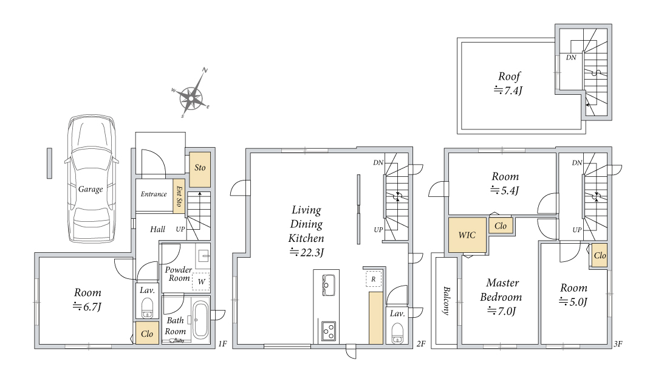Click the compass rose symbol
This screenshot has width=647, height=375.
191,98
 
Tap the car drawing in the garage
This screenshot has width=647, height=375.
91,179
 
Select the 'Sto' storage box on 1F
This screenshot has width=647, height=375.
200,170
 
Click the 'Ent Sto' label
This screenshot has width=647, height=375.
179,196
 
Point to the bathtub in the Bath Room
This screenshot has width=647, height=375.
201,320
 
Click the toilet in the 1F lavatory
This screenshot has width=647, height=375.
147,308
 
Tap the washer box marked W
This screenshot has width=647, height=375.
201,281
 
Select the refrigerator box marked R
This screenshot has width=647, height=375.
374,279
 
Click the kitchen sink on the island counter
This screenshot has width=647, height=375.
329,285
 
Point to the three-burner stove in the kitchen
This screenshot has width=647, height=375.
329,331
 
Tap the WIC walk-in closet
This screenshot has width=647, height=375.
467,235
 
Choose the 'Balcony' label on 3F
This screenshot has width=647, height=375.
447,301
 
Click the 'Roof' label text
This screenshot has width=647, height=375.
510,77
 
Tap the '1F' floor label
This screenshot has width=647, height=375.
222,343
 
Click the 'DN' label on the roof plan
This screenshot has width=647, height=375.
571,57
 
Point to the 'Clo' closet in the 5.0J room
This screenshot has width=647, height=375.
599,256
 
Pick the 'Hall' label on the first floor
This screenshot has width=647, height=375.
157,229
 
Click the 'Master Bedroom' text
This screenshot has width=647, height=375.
501,290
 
